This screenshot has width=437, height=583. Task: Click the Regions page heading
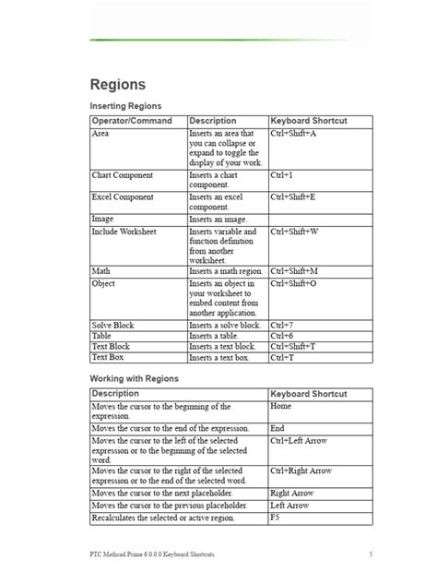pos(117,84)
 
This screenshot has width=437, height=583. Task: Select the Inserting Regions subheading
pos(127,107)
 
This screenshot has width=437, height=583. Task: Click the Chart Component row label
pos(122,173)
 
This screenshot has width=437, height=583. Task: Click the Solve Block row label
pos(114,326)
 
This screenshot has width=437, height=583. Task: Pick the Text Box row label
pos(110,356)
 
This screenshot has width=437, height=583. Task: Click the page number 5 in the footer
pos(371,554)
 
